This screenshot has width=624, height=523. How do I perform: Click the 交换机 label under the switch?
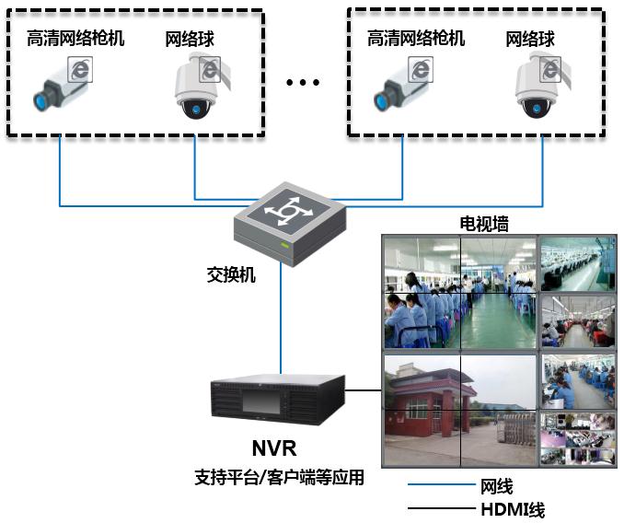231,274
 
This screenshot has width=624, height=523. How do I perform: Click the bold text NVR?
274,449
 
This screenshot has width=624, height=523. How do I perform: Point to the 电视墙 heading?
484,224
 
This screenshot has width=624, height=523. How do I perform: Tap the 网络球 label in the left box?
191,39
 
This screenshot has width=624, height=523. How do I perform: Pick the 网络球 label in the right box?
531,39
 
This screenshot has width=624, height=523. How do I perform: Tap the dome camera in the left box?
196,87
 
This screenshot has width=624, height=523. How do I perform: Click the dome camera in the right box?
537,87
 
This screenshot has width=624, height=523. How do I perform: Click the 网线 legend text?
496,486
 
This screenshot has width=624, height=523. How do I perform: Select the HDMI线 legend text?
513,508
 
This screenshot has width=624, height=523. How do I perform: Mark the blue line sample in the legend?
440,486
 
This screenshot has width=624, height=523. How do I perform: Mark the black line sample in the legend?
440,508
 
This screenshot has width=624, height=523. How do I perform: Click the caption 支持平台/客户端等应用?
279,478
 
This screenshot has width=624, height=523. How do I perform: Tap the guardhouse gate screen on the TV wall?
459,410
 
